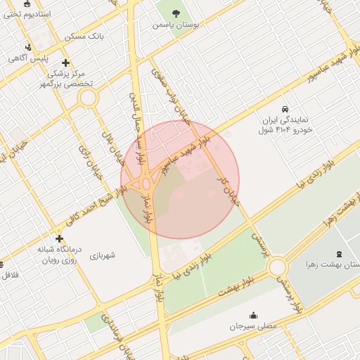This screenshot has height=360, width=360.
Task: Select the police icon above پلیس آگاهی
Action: point(27,48)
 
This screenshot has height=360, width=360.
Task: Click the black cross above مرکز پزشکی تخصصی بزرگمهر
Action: point(65,63)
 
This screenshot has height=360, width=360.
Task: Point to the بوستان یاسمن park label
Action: point(176,24)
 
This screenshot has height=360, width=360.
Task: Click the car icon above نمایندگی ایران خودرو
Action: point(284,110)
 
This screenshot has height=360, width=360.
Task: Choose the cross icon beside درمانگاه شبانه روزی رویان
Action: point(59,238)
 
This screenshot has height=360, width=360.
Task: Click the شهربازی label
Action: point(107,255)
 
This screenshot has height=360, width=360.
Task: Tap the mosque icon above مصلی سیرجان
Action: point(253,315)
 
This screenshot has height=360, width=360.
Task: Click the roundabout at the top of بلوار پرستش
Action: point(277,266)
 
